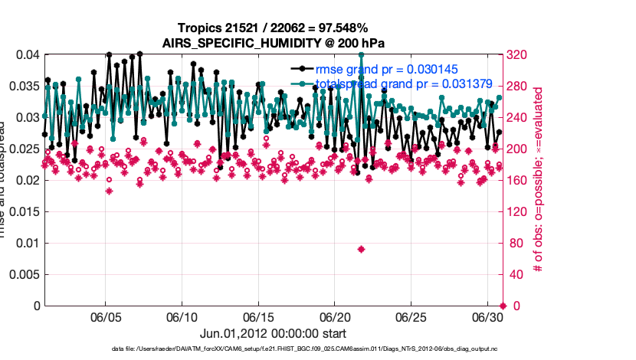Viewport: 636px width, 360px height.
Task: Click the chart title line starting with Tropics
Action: point(274,28)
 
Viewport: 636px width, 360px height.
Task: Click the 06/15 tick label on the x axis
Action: point(258,316)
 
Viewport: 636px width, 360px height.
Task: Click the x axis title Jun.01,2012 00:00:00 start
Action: point(274,333)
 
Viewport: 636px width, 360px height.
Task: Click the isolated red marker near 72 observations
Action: point(361,249)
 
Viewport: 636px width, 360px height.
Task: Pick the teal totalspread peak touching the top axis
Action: point(361,55)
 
